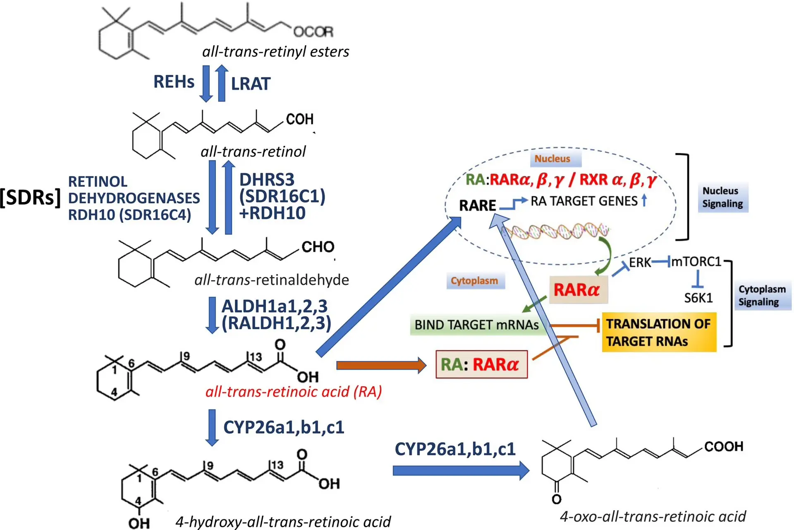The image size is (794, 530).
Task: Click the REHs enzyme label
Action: pos(174,82)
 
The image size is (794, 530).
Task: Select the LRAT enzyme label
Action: pos(251,84)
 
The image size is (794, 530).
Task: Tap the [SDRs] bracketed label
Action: pos(31,198)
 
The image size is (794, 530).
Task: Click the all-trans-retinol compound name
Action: pos(253,152)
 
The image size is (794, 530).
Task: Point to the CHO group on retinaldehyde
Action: pos(318,247)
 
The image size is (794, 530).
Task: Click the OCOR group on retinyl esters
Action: pos(313,31)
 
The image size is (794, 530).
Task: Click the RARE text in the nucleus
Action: pos(477,205)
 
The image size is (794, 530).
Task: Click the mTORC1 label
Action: pos(696,262)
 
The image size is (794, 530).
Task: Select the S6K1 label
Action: pos(698,298)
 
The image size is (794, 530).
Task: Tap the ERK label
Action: pos(640,263)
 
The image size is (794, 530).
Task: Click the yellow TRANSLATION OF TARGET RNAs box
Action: pos(659,332)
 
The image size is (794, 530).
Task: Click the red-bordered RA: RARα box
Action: pos(481,364)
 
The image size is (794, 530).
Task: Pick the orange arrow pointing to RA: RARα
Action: pos(381,365)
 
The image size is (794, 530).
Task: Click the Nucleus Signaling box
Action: pos(723,197)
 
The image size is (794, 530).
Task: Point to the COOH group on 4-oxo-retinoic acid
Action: pos(724,446)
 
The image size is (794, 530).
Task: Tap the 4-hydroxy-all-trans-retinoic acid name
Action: pos(283,522)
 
